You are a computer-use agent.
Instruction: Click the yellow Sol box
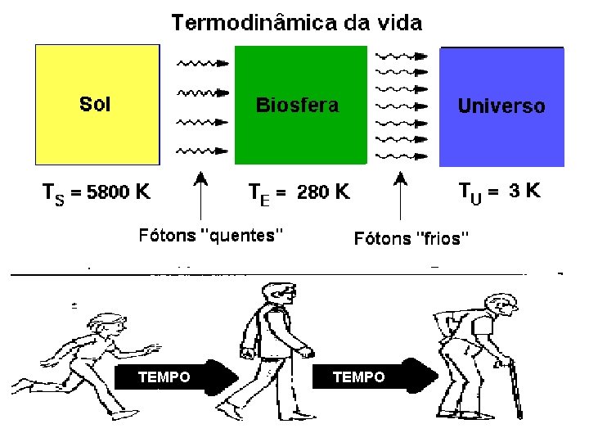click(x=97, y=131)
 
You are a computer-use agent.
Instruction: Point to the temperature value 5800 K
click(x=119, y=193)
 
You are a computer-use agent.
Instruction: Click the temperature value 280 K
click(x=323, y=193)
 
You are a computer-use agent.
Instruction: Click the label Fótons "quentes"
click(x=210, y=236)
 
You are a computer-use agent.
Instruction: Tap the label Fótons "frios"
click(x=411, y=238)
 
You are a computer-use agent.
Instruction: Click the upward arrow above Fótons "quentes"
click(x=200, y=196)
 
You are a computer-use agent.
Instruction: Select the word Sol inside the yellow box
click(x=95, y=104)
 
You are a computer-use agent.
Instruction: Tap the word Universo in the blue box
click(x=501, y=106)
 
